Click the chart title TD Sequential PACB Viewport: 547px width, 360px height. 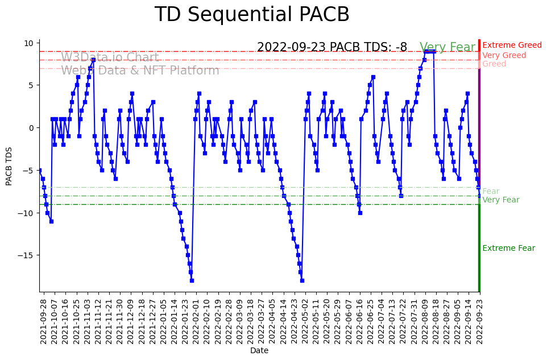coord(252,15)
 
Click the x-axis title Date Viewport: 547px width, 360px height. coord(259,351)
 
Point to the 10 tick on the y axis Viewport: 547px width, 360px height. coord(28,43)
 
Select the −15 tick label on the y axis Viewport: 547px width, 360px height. coord(24,255)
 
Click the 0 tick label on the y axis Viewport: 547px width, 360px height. coord(31,128)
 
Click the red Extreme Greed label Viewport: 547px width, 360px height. coord(512,45)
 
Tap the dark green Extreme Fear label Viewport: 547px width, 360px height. coord(508,249)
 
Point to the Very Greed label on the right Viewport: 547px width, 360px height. coord(504,56)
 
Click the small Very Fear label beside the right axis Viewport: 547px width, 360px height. coord(500,200)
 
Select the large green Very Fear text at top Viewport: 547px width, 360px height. coord(447,48)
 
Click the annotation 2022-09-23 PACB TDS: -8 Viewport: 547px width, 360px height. coord(332,47)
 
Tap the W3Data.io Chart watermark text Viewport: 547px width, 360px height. coord(110,57)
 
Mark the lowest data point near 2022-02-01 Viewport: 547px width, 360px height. coord(192,280)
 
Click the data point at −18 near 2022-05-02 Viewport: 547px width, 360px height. coord(302,280)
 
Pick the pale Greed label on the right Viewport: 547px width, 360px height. coord(494,64)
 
